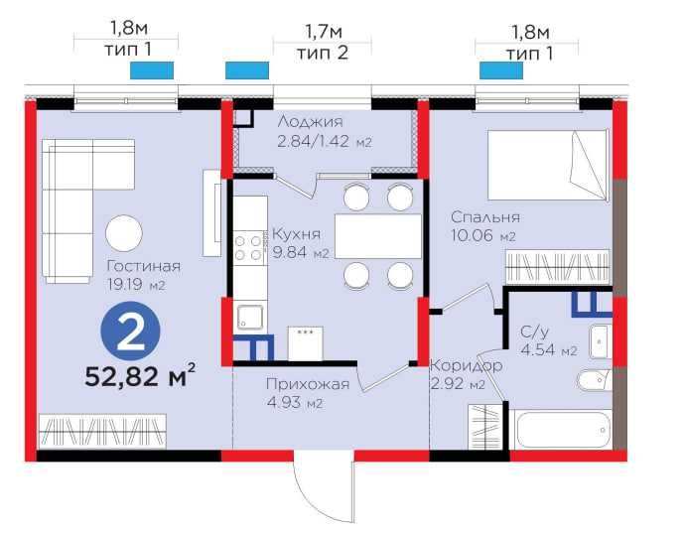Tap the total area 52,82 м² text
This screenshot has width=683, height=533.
coord(137,377)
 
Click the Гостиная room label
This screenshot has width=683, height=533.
coord(146,265)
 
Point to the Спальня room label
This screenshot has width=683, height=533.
coord(485,217)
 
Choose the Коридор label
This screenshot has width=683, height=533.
coord(466,365)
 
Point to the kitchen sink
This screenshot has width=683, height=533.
coord(248,317)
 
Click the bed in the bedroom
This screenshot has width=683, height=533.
coord(547,169)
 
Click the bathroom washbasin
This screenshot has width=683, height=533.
coord(600,339)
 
